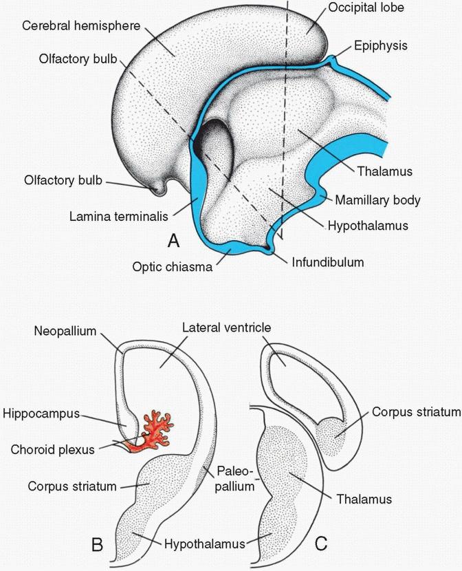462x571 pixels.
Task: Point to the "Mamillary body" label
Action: click(x=377, y=201)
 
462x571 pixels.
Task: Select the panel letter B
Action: click(x=98, y=546)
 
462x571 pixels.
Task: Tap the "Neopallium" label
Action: click(x=65, y=330)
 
